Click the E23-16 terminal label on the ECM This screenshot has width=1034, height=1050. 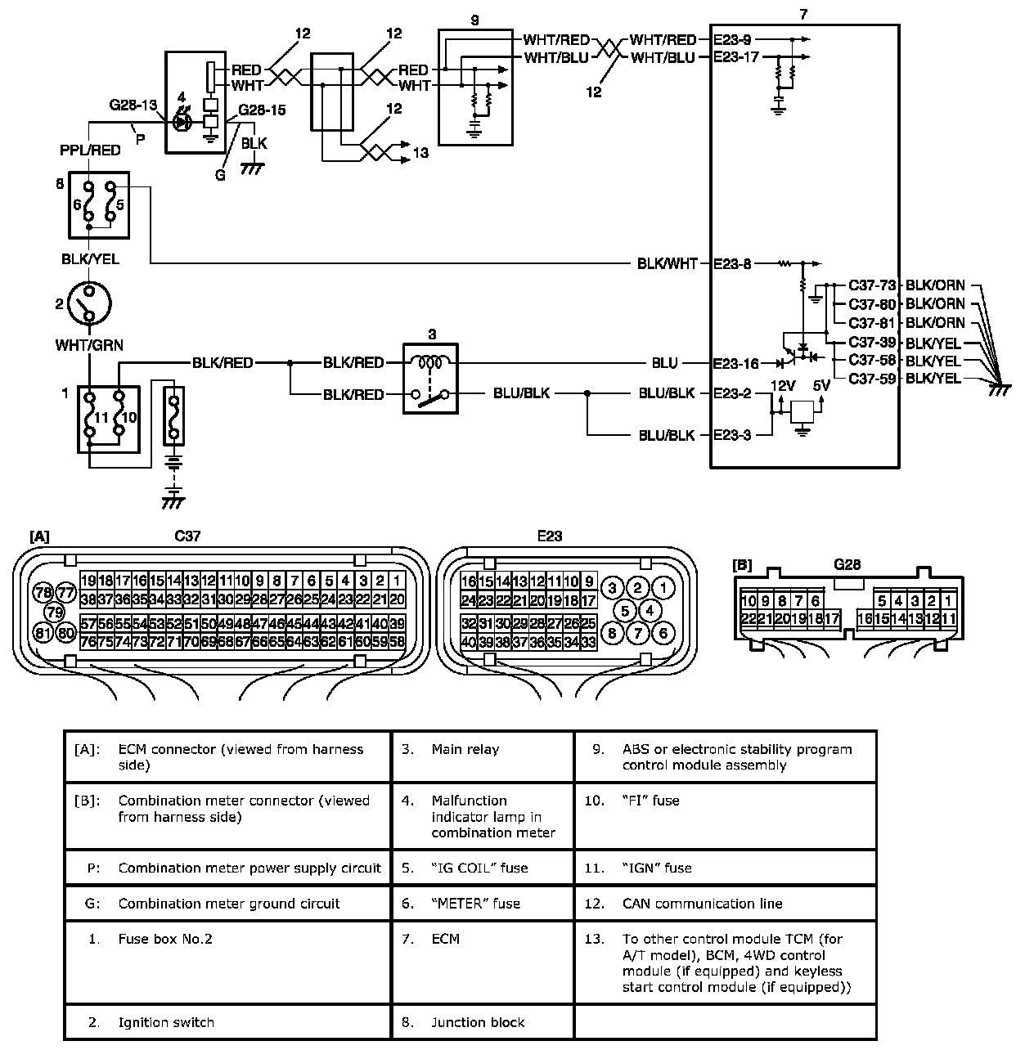[736, 363]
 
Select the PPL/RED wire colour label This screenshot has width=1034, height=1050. [90, 150]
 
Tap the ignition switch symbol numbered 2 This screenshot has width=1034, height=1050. [89, 303]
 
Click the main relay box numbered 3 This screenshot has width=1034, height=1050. [431, 379]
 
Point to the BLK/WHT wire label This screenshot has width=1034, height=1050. [668, 263]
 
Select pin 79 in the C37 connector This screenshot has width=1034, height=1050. [54, 612]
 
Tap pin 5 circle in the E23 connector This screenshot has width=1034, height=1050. [625, 609]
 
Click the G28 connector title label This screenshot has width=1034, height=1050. [847, 564]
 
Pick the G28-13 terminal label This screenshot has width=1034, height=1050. [133, 105]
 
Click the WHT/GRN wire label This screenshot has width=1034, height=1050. [89, 345]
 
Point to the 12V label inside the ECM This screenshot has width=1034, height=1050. [783, 384]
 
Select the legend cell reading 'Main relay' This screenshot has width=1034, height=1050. [465, 749]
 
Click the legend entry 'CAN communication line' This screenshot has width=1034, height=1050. [702, 904]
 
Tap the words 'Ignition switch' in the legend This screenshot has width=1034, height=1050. [166, 1022]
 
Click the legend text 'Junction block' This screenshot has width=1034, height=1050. [478, 1022]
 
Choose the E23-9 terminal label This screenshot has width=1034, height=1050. [732, 39]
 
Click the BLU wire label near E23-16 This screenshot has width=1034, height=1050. [664, 363]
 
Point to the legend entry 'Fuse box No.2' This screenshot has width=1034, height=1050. [165, 939]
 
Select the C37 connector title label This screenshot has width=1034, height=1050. [187, 536]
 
